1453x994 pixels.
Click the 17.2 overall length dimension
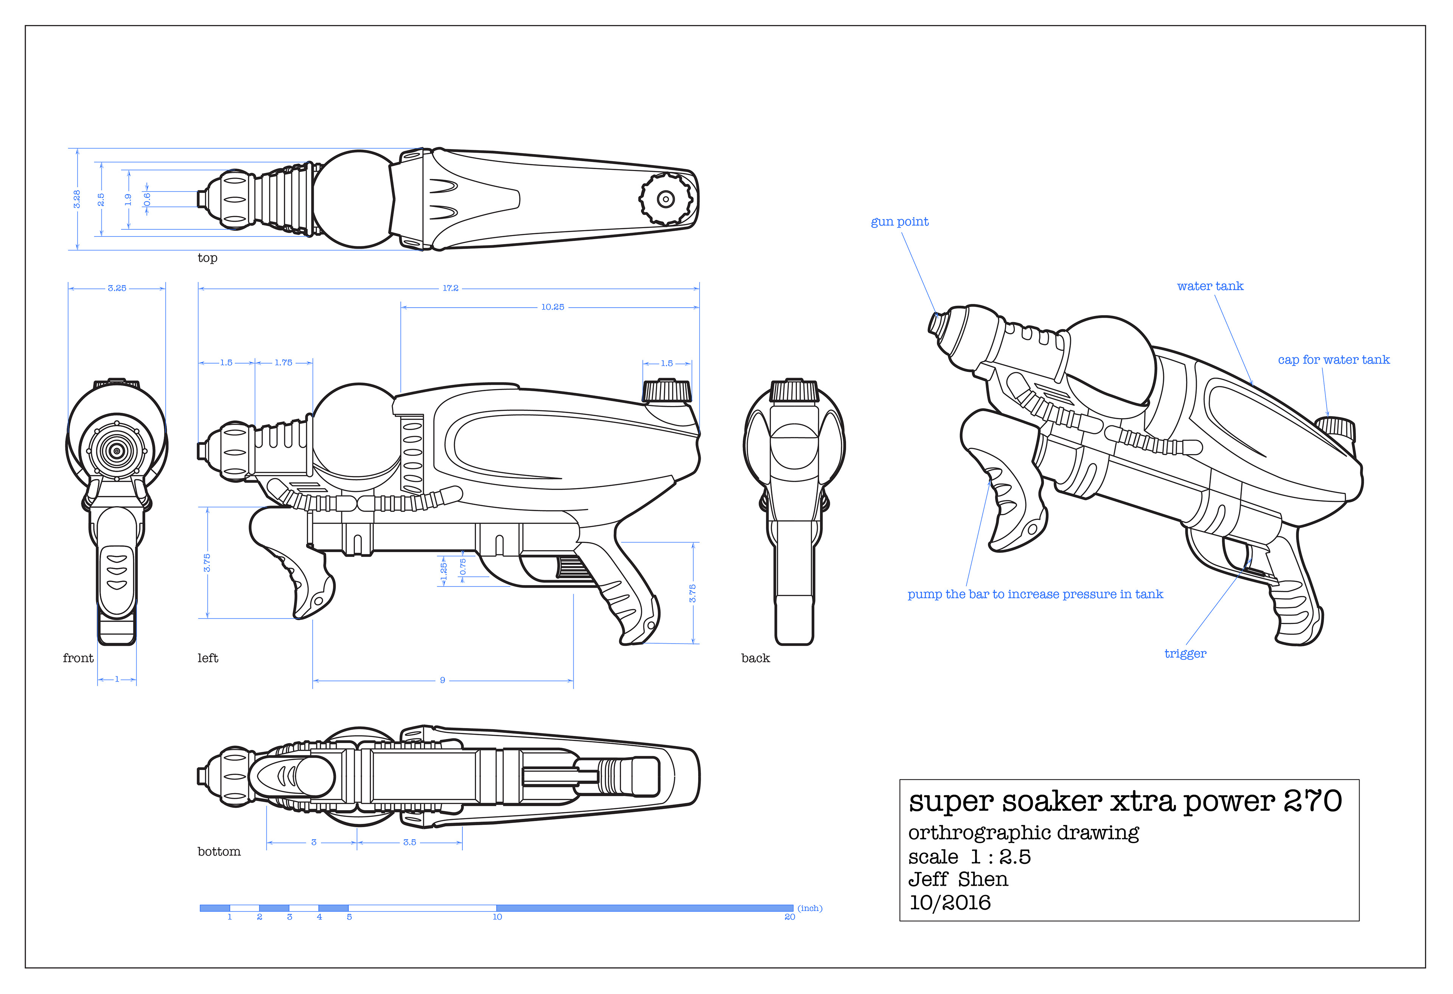(450, 288)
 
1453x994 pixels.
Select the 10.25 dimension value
(553, 307)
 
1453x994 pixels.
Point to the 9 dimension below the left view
(443, 680)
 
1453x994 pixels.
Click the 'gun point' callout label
(900, 222)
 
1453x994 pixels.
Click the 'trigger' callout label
(1185, 654)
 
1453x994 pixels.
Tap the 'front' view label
(78, 658)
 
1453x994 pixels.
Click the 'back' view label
(755, 658)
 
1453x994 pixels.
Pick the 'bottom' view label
(219, 851)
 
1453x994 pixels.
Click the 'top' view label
(208, 258)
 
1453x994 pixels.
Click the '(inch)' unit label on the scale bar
(810, 908)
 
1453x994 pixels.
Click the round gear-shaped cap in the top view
(666, 199)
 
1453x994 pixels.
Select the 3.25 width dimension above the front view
(117, 288)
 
